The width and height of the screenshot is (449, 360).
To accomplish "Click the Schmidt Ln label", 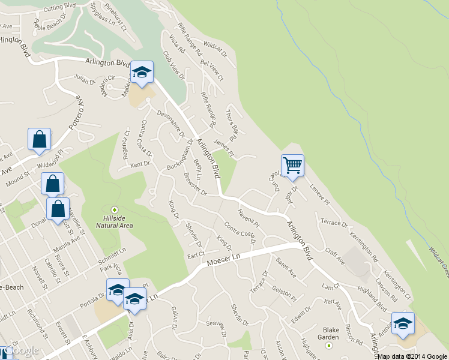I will (x=113, y=256).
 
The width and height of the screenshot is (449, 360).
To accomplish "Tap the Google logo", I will (x=22, y=350).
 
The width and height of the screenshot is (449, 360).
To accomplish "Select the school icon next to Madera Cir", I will (x=142, y=73).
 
